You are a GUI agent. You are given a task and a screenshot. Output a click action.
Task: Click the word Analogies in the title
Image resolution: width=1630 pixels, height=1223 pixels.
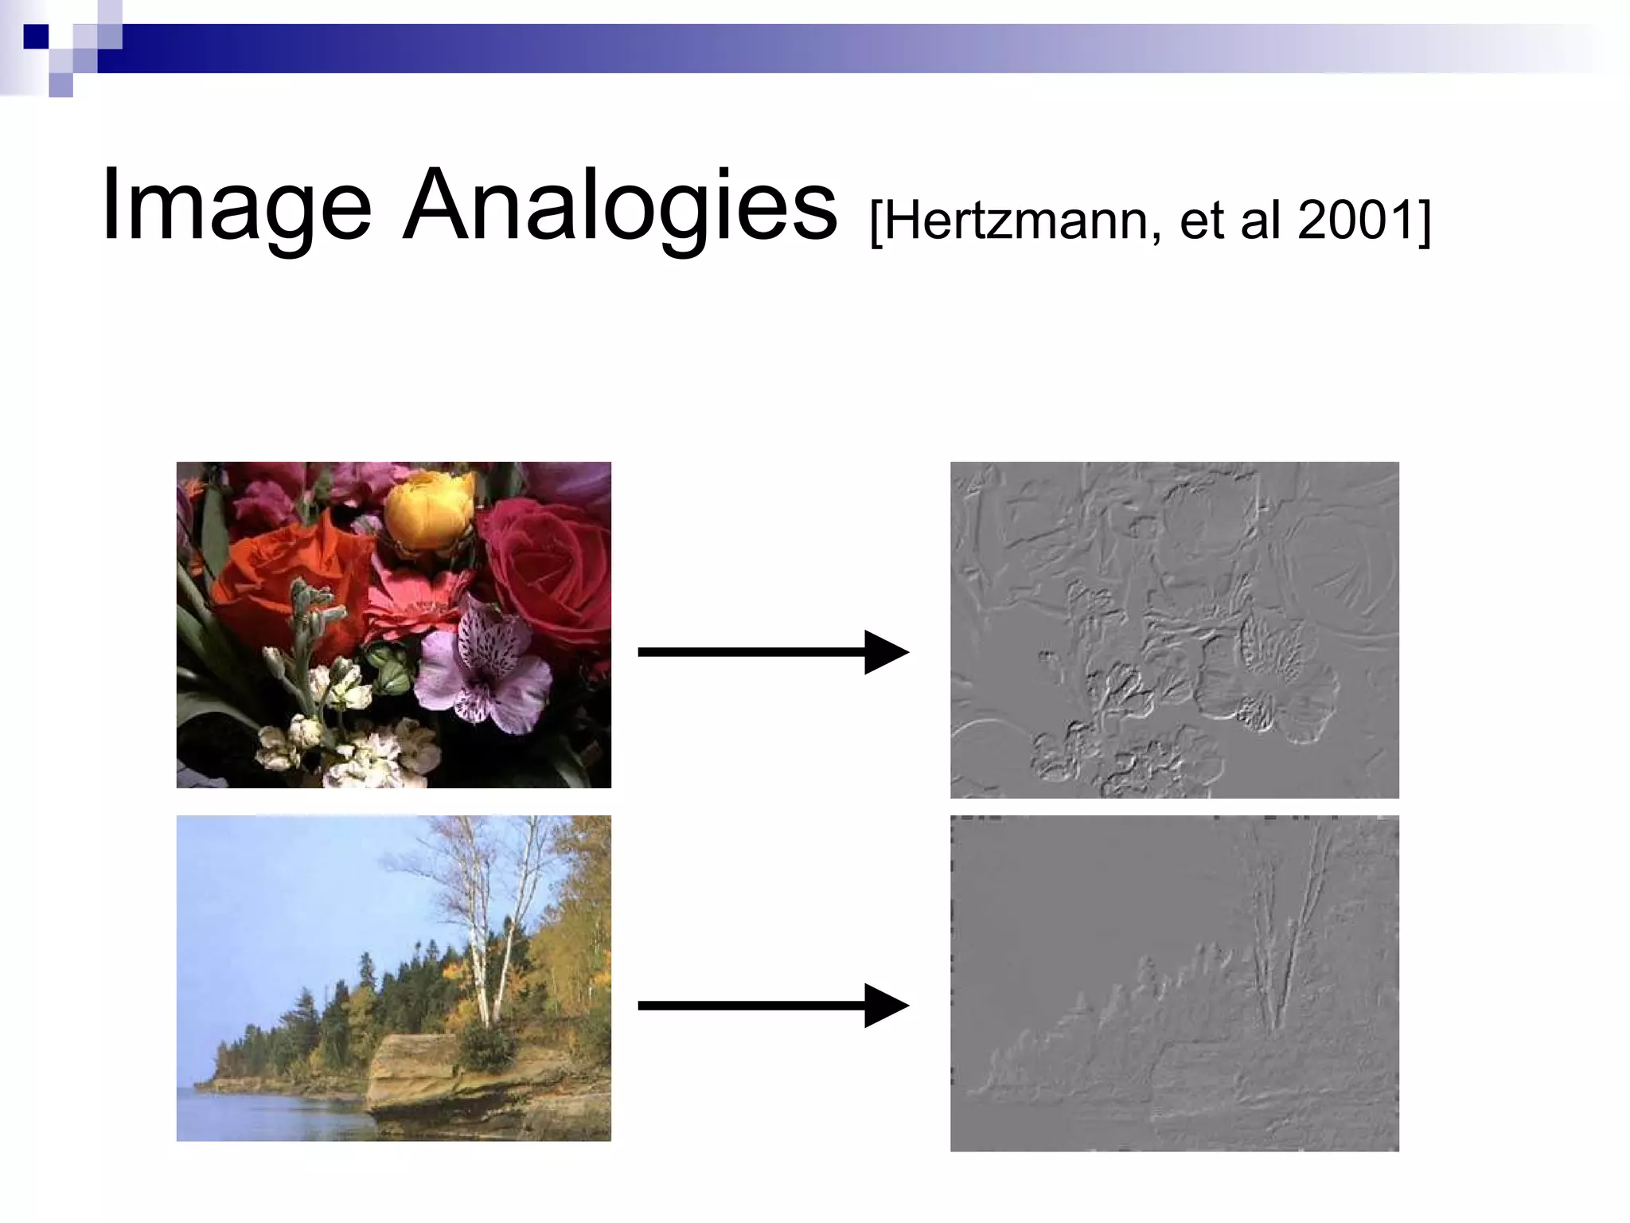[x=619, y=205]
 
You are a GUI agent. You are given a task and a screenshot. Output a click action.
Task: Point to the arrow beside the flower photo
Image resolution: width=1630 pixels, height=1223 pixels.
[x=772, y=652]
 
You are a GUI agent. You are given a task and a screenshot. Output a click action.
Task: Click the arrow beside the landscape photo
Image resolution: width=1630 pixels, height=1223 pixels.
[x=772, y=1006]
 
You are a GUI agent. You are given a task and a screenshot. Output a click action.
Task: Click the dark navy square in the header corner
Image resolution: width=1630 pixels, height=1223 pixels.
[x=36, y=37]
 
